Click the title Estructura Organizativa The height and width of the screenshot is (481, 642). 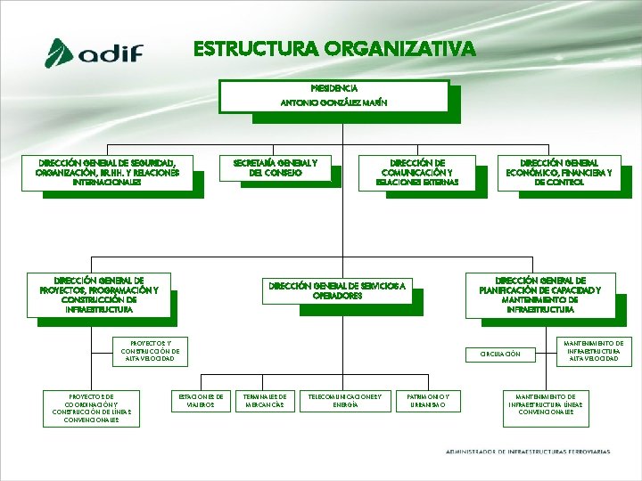334,48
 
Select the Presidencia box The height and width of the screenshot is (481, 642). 333,88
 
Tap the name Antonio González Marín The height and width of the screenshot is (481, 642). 333,103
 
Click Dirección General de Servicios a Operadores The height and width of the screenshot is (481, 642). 338,290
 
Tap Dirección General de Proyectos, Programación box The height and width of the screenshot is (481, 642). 99,295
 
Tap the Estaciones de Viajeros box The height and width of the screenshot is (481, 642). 200,400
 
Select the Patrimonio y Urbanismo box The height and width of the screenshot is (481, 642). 434,400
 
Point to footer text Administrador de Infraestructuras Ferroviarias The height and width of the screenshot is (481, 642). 528,452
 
